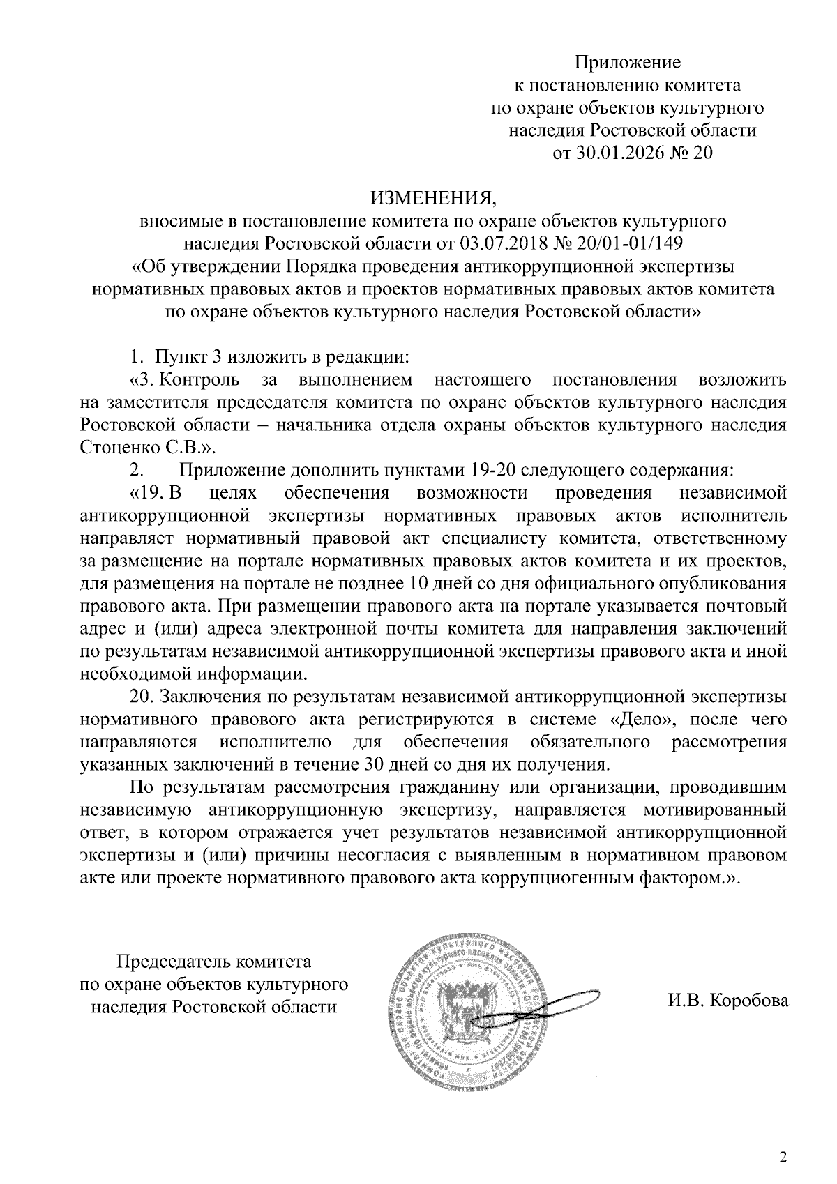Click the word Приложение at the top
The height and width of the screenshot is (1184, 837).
627,63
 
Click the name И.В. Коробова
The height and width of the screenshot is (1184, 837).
727,1002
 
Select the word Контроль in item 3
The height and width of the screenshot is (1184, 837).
200,380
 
